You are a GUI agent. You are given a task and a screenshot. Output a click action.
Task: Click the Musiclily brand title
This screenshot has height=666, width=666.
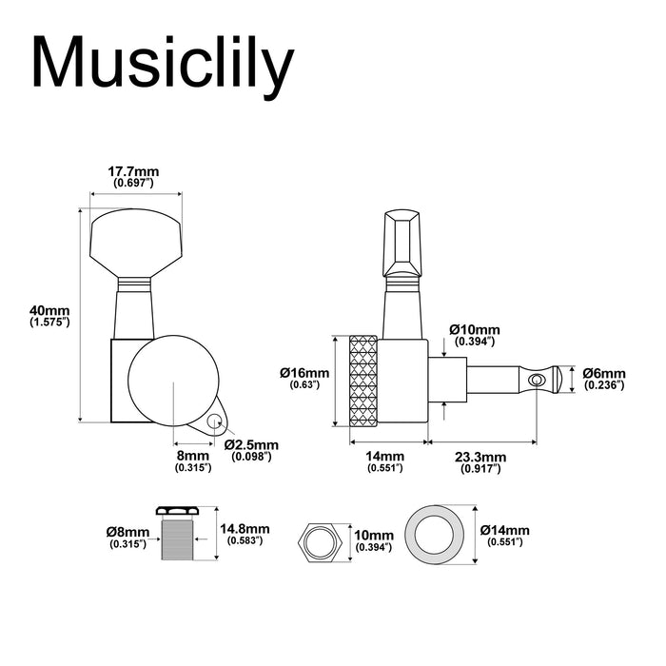163,68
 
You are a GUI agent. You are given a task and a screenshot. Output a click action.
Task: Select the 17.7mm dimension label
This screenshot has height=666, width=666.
133,171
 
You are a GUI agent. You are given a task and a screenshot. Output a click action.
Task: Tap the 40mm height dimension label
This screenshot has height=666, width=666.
49,310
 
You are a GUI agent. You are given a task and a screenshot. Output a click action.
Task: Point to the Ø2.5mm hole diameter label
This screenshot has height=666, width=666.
252,444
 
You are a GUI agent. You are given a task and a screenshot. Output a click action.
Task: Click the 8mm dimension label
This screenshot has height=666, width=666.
193,456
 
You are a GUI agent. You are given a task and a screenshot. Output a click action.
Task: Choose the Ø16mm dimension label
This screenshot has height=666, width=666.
304,373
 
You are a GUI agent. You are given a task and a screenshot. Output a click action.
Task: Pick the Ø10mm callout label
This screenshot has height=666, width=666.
475,329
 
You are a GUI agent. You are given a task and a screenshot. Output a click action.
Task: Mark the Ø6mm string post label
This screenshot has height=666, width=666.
604,373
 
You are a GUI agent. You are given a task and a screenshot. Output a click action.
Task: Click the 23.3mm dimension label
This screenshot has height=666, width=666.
480,457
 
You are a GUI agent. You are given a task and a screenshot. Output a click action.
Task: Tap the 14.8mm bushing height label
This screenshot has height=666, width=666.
245,529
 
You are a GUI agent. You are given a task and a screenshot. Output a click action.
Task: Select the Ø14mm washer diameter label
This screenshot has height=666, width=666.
505,530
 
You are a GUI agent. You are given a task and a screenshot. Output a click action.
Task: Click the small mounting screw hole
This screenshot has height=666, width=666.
214,421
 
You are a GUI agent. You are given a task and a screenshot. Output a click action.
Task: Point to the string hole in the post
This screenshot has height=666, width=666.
538,379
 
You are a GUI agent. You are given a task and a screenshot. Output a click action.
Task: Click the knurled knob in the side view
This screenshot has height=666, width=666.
363,381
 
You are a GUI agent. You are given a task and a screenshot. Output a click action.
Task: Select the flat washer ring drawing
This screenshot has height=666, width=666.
435,535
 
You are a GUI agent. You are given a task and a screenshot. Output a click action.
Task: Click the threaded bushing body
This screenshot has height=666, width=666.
178,538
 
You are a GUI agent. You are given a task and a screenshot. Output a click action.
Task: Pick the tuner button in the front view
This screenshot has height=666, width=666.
135,244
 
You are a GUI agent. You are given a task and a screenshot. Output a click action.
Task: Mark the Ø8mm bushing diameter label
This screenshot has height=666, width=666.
127,532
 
